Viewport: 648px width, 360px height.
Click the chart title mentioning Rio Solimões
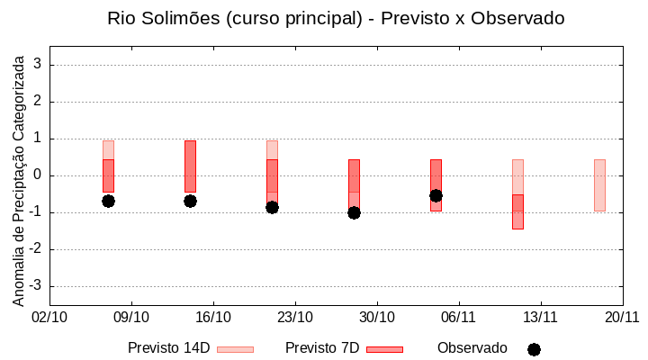336,18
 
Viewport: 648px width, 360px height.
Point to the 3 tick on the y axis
38,65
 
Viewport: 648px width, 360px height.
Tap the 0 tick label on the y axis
38,175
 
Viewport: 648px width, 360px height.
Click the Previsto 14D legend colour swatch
235,349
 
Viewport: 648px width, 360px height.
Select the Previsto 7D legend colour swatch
384,349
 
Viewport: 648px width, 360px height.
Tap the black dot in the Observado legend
534,349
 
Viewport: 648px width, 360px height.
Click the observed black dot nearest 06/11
436,195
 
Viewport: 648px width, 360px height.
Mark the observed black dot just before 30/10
354,212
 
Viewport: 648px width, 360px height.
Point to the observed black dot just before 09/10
108,201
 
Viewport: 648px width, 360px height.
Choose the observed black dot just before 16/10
190,201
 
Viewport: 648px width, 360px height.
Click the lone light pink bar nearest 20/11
599,184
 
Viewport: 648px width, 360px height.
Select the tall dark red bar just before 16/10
190,166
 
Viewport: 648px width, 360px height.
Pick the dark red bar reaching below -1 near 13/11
517,211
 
